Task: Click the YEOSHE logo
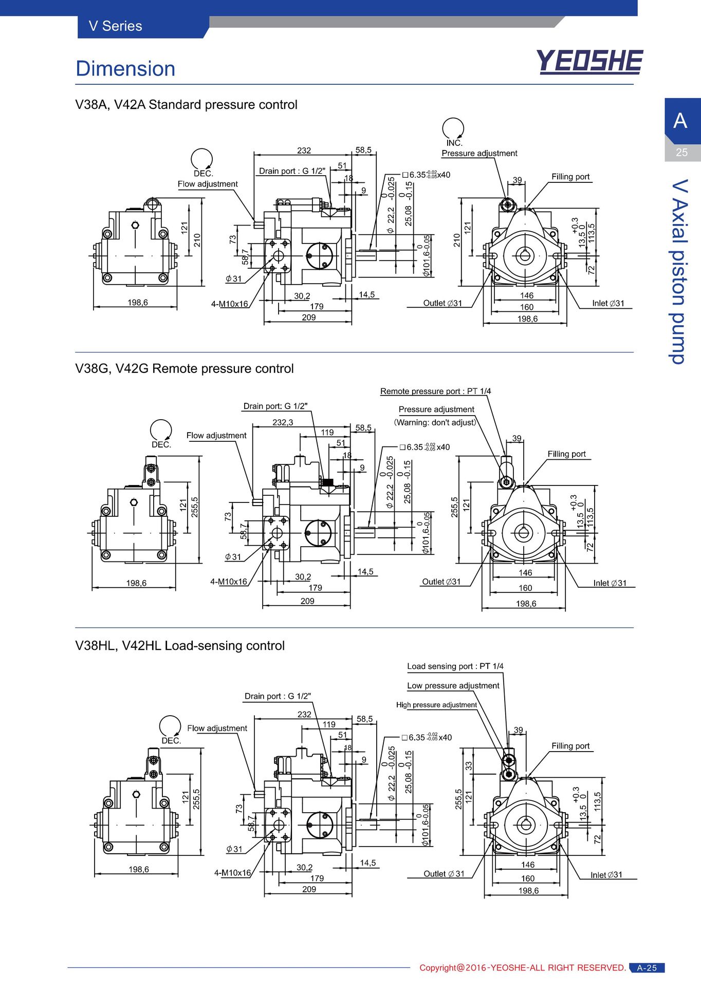pyautogui.click(x=589, y=62)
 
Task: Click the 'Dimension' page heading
pyautogui.click(x=125, y=69)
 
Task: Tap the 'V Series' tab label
pyautogui.click(x=115, y=26)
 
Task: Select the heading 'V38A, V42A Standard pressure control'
pyautogui.click(x=186, y=105)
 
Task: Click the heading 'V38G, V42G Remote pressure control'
pyautogui.click(x=185, y=369)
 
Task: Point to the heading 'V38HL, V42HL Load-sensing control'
pyautogui.click(x=180, y=646)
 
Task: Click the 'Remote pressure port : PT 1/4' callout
pyautogui.click(x=435, y=391)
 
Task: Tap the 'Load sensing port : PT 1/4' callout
pyautogui.click(x=455, y=666)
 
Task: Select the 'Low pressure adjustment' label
pyautogui.click(x=453, y=686)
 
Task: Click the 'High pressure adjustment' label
pyautogui.click(x=436, y=705)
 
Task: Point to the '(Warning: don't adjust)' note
pyautogui.click(x=436, y=422)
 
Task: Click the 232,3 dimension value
pyautogui.click(x=283, y=422)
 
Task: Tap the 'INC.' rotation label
pyautogui.click(x=454, y=143)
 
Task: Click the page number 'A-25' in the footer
pyautogui.click(x=647, y=968)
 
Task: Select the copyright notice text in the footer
pyautogui.click(x=523, y=968)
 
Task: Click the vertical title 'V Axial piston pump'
pyautogui.click(x=680, y=272)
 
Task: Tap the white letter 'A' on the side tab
pyautogui.click(x=680, y=121)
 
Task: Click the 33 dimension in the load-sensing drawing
pyautogui.click(x=469, y=766)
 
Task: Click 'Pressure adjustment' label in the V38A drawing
pyautogui.click(x=479, y=153)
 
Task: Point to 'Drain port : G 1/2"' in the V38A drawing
pyautogui.click(x=292, y=171)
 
